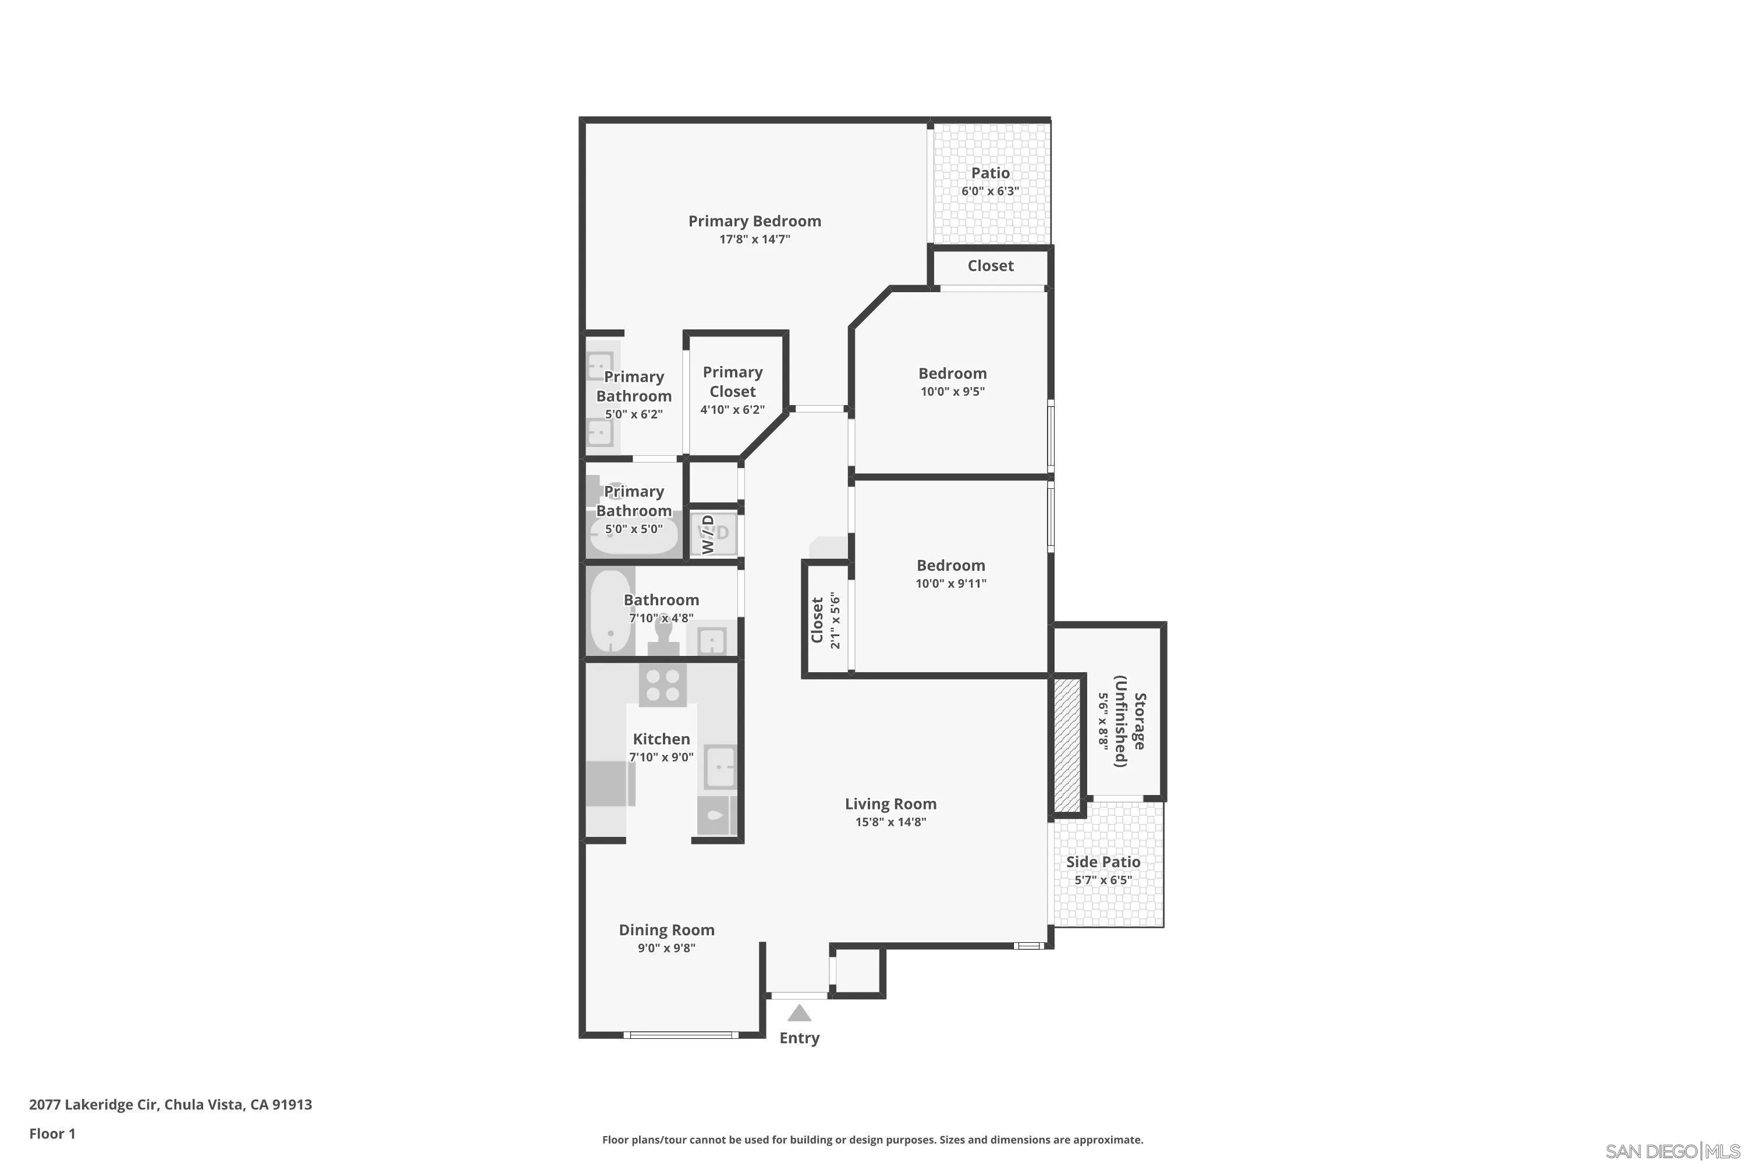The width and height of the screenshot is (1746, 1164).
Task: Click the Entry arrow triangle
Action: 799,1013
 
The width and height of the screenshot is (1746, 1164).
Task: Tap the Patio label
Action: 991,173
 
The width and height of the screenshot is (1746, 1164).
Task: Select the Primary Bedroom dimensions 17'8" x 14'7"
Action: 754,239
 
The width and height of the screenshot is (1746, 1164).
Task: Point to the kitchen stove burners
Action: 662,684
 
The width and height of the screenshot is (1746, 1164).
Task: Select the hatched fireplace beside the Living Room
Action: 1067,744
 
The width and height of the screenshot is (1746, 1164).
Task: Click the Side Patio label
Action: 1103,862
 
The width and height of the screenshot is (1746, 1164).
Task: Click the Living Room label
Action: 890,804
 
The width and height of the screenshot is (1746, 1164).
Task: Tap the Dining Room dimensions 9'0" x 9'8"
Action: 666,948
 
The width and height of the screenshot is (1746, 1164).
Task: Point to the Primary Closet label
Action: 732,382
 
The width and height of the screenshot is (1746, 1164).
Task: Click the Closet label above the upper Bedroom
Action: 991,266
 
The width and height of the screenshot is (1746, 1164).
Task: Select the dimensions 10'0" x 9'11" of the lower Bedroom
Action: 950,584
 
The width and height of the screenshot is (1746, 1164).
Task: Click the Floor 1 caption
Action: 52,1134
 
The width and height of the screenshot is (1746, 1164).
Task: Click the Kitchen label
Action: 661,739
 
